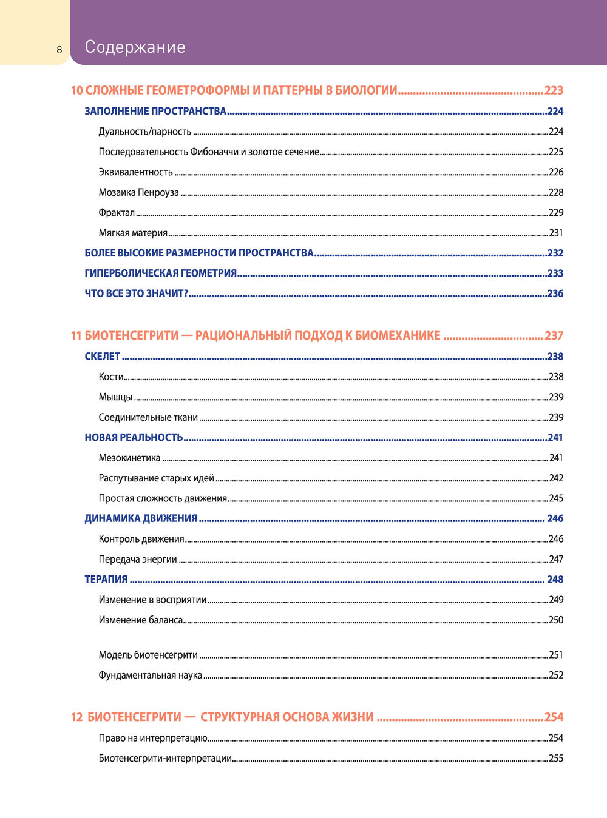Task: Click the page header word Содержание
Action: (135, 47)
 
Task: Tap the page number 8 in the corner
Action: (59, 50)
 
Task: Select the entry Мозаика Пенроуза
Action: (138, 192)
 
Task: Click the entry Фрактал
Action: (117, 213)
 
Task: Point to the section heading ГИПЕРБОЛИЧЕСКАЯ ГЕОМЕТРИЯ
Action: (160, 273)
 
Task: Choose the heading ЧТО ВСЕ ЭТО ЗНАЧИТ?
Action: (137, 293)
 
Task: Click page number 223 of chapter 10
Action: (554, 90)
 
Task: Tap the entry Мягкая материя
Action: (133, 233)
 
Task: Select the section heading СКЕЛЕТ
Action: (102, 357)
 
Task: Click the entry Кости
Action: (111, 377)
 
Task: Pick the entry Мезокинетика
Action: (129, 458)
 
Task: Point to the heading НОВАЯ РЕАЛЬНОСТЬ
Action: (134, 437)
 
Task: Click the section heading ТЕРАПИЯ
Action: (106, 579)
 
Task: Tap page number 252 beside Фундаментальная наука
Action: (556, 675)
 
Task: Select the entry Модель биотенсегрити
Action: (148, 655)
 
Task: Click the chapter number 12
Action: (76, 717)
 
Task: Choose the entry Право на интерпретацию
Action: (153, 738)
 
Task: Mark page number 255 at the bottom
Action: (556, 758)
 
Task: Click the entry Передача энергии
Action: (138, 559)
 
